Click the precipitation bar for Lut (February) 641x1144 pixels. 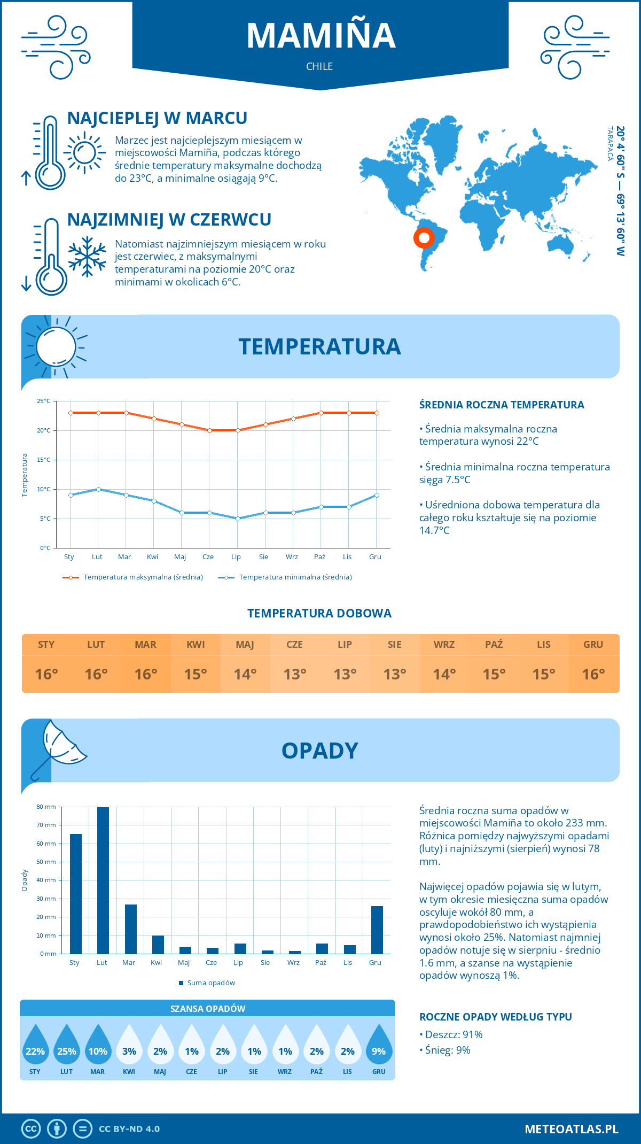coord(103,880)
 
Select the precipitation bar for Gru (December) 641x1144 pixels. coord(377,930)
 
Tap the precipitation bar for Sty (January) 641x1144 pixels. coord(76,894)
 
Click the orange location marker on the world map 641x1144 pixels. coord(424,238)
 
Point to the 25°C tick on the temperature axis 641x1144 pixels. coord(44,401)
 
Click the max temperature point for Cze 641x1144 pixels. coord(209,430)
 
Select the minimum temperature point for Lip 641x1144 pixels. coord(238,519)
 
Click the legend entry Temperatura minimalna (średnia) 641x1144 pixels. coord(295,577)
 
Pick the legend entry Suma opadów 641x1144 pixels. coord(210,983)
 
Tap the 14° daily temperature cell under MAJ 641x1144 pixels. coord(245,674)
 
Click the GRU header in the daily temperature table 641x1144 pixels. coord(593,645)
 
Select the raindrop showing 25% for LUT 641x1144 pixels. coord(67,1045)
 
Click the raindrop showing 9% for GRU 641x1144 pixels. coord(379,1045)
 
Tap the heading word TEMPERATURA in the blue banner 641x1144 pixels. coord(319,346)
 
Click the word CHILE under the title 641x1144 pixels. coord(319,66)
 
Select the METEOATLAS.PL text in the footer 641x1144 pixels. coord(571,1129)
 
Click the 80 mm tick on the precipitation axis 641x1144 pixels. coord(46,807)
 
